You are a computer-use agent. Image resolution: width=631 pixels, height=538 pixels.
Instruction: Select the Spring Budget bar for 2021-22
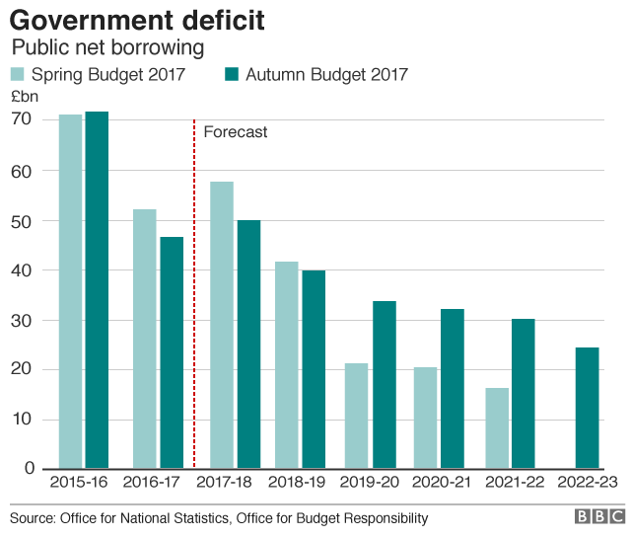(498, 427)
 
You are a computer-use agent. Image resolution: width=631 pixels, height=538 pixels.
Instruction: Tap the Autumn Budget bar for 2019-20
(385, 384)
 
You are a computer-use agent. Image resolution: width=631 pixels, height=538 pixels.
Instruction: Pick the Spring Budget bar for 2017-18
(222, 325)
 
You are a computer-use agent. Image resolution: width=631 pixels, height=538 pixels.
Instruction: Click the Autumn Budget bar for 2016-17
(172, 352)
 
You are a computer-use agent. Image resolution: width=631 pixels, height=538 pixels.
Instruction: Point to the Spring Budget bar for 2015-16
(70, 291)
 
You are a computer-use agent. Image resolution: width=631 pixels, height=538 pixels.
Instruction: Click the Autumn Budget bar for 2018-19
(313, 369)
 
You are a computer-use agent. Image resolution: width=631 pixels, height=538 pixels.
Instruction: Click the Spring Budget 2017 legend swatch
(18, 74)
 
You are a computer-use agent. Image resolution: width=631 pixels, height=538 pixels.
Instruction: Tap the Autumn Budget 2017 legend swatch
(233, 74)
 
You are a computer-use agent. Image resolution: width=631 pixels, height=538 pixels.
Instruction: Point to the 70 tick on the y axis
(22, 119)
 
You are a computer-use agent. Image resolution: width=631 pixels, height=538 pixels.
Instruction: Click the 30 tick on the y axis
(22, 320)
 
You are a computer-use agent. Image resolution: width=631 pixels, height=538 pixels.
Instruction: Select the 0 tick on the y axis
(29, 469)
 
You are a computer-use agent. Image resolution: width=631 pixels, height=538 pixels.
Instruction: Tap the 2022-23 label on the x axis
(588, 483)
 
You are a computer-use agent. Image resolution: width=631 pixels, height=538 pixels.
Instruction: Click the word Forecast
(235, 132)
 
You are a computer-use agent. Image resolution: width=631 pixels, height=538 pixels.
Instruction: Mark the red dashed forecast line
(194, 296)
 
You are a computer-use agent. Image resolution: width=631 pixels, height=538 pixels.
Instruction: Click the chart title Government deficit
(137, 20)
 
